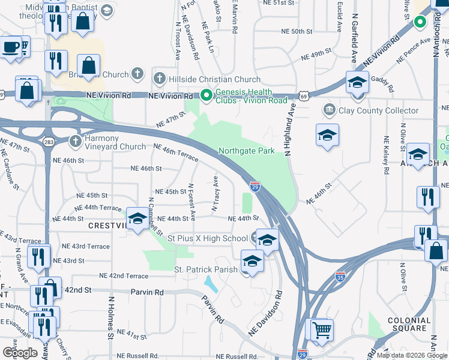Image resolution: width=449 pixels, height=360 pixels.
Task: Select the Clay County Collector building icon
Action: (x=330, y=110)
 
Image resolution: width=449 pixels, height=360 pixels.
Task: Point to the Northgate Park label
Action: (x=247, y=151)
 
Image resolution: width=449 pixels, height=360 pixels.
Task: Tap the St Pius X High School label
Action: (x=208, y=239)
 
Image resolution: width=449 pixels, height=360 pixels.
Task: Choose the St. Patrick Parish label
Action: (x=206, y=270)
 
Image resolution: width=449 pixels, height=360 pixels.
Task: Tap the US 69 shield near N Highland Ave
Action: (x=304, y=96)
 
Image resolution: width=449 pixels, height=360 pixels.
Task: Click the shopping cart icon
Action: (x=322, y=329)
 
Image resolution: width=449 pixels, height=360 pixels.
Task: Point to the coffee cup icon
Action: (x=10, y=47)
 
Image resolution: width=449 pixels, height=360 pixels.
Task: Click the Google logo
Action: (x=20, y=352)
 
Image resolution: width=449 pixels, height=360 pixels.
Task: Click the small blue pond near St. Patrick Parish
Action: (x=211, y=282)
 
